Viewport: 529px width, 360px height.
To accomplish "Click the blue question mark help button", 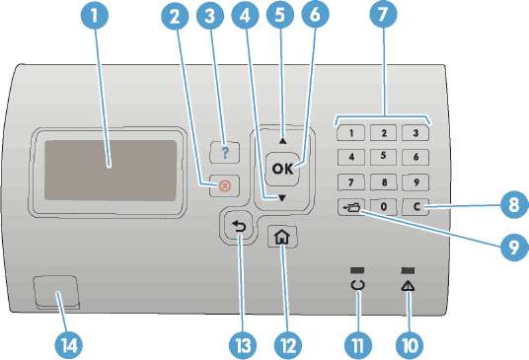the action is [225, 153].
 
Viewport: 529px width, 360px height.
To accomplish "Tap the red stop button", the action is [225, 185].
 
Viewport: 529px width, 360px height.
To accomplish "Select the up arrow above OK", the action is [282, 141].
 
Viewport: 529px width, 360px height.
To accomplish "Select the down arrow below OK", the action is [282, 198].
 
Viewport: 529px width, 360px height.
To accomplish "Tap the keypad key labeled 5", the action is [383, 157].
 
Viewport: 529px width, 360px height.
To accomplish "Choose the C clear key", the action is [416, 206].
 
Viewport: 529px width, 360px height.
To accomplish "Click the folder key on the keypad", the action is [351, 207].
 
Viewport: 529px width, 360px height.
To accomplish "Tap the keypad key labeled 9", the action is [416, 182].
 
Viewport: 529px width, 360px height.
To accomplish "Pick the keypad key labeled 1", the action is [351, 133].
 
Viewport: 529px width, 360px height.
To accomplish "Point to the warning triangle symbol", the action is [408, 286].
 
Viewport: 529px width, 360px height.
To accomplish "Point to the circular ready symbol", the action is [357, 285].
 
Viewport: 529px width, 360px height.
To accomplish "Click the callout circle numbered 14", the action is [68, 345].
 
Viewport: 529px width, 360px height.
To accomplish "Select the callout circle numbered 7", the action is [383, 15].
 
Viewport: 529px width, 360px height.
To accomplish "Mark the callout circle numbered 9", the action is [514, 248].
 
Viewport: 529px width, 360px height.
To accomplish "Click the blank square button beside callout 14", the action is [56, 292].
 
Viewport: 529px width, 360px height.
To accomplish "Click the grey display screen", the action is [111, 171].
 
